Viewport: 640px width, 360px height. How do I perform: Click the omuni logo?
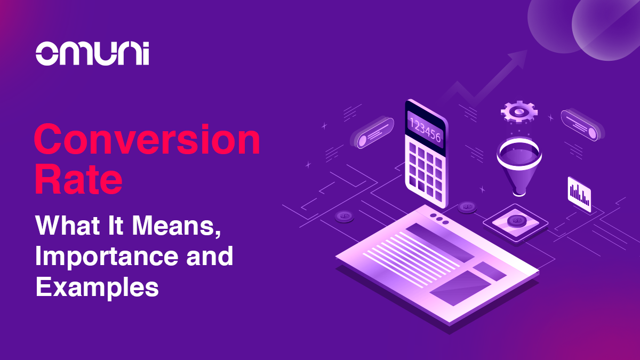click(x=92, y=53)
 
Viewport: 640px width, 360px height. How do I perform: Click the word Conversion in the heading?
click(x=147, y=139)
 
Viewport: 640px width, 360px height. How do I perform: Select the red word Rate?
click(x=78, y=180)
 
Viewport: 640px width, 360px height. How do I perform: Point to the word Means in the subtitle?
click(x=177, y=226)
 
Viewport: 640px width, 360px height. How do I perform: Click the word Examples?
click(x=97, y=287)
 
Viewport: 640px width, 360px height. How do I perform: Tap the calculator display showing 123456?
click(x=426, y=131)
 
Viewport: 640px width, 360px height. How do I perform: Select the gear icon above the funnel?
click(x=519, y=111)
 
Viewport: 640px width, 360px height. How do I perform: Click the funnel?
click(x=519, y=166)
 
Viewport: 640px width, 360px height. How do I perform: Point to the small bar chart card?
click(x=579, y=194)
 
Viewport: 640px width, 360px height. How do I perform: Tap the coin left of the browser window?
click(x=345, y=217)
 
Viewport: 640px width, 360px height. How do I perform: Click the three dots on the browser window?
click(x=439, y=219)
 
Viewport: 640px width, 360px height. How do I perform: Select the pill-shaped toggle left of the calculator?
click(x=372, y=132)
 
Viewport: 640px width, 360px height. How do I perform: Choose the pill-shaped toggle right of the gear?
click(x=582, y=125)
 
